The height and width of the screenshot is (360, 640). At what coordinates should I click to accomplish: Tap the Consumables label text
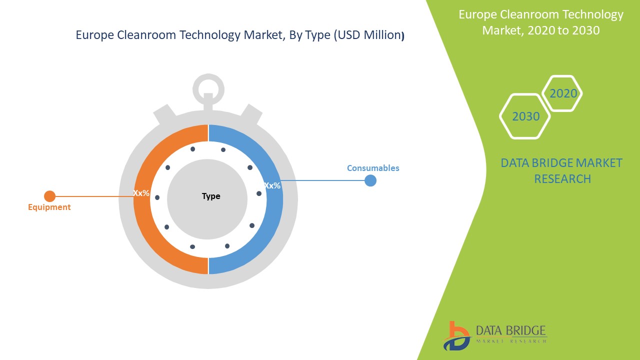[373, 168]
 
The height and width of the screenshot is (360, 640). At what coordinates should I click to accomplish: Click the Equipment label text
[49, 207]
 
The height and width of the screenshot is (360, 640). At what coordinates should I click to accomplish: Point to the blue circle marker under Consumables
[370, 180]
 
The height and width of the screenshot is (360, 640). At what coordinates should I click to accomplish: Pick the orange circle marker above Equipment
[49, 196]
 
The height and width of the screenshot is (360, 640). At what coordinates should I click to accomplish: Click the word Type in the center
[211, 196]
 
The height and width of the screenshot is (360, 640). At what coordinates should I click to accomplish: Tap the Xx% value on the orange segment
[141, 192]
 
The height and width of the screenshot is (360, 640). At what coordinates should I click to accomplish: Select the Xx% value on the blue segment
[272, 185]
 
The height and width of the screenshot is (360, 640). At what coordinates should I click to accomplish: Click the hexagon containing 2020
[563, 93]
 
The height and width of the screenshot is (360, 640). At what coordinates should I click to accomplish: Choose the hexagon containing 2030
[525, 116]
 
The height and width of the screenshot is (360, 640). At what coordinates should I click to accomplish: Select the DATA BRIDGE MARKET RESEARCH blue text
[561, 170]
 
